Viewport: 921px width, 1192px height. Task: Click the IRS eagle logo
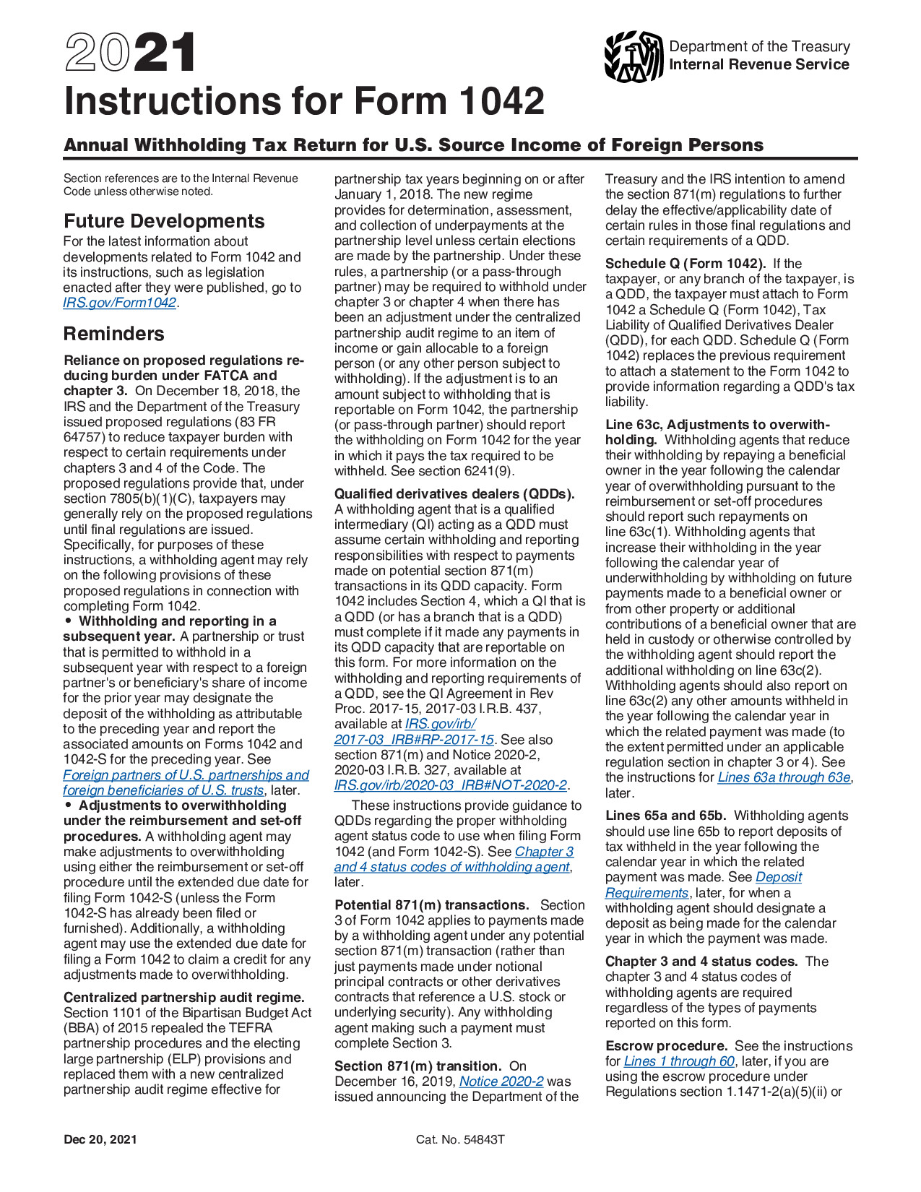pyautogui.click(x=634, y=56)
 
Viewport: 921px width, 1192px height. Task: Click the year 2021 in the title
pyautogui.click(x=130, y=53)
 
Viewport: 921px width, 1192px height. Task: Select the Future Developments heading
pyautogui.click(x=164, y=221)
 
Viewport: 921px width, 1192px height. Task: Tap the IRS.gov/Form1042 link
pyautogui.click(x=120, y=303)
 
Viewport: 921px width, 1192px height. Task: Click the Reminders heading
pyautogui.click(x=114, y=334)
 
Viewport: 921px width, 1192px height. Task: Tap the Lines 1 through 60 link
pyautogui.click(x=679, y=1061)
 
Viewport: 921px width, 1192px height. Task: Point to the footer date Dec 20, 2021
pyautogui.click(x=100, y=1139)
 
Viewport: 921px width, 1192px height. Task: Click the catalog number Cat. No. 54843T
pyautogui.click(x=460, y=1139)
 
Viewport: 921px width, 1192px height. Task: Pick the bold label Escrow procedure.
pyautogui.click(x=666, y=1046)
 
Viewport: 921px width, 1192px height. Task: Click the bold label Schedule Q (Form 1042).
pyautogui.click(x=686, y=264)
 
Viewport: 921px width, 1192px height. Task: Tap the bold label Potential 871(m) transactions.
pyautogui.click(x=432, y=905)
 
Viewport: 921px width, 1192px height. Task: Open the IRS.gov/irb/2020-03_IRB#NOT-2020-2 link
pyautogui.click(x=451, y=785)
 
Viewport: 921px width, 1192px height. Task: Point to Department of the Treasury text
pyautogui.click(x=759, y=46)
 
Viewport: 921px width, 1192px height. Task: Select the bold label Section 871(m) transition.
pyautogui.click(x=418, y=1066)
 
